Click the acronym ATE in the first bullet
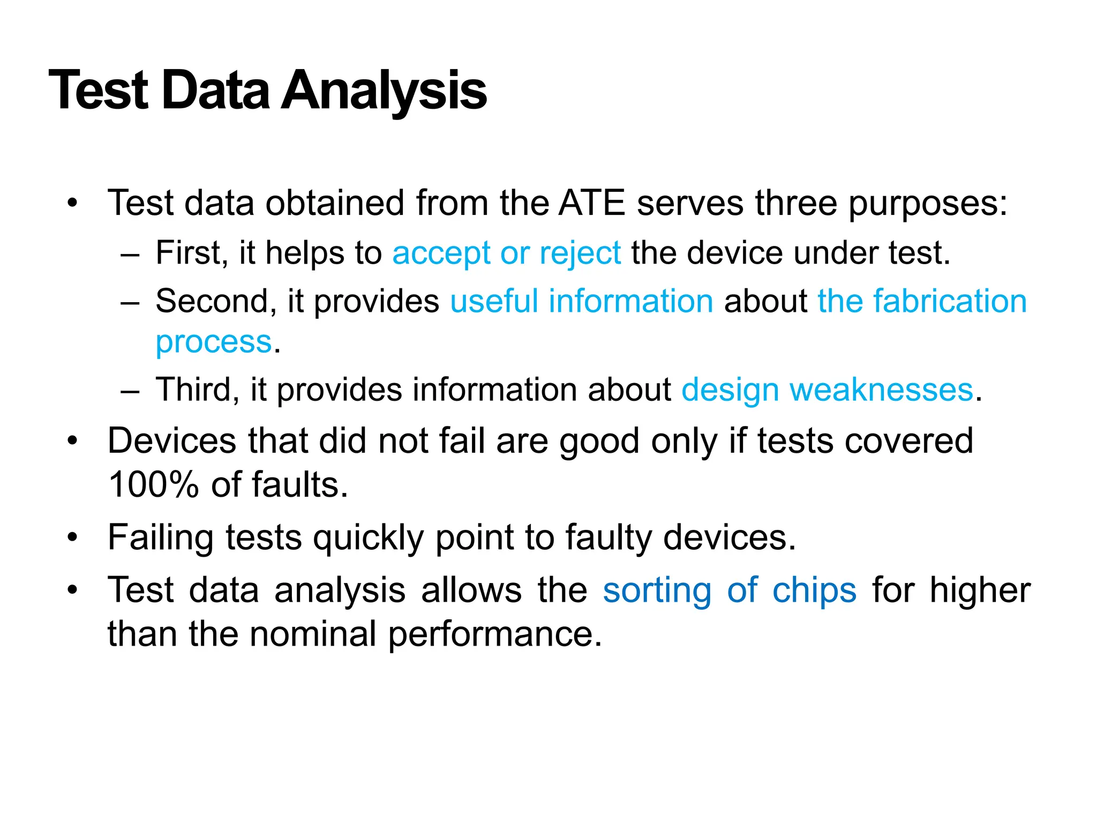pos(591,203)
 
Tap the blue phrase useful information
pos(581,301)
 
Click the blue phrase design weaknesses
pos(826,390)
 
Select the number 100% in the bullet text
pos(153,484)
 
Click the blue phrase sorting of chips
pos(729,590)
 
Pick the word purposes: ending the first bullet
pos(928,204)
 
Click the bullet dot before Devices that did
pos(72,442)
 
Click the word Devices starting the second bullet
pos(171,441)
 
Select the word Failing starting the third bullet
pos(160,538)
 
